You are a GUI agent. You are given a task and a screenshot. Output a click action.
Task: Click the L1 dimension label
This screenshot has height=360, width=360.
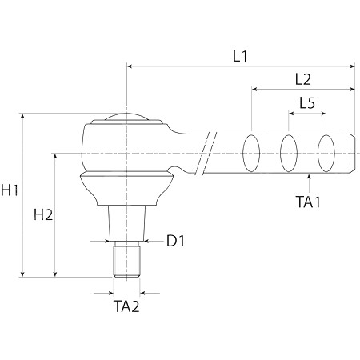pos(240,56)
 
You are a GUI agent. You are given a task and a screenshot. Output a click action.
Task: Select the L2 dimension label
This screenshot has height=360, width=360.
pos(303,79)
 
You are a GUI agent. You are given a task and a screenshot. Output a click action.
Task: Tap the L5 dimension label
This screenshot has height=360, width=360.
pos(307,102)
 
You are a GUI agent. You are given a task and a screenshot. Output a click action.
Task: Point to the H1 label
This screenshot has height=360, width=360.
pos(10,190)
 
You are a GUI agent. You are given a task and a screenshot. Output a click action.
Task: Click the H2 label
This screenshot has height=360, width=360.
pos(43,214)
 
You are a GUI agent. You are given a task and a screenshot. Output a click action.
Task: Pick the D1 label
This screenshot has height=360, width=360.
pos(175,241)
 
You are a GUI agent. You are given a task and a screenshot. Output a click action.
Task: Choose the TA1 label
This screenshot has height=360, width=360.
pos(308,202)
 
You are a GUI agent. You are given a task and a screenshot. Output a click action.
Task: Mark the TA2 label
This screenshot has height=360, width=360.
pos(126,306)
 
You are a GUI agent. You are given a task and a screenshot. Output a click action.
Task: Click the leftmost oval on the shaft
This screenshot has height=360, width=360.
pos(251,153)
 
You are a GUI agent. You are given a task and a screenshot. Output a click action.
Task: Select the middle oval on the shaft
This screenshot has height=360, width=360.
pos(289,153)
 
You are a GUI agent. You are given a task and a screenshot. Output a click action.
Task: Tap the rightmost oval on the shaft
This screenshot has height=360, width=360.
pos(326,153)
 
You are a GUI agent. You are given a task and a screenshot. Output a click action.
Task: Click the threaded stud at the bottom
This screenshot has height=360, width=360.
pos(126,259)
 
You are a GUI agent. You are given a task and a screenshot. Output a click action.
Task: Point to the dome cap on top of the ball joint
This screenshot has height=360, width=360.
pos(126,117)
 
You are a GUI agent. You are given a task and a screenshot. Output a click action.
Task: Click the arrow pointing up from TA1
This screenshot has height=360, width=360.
pos(309,183)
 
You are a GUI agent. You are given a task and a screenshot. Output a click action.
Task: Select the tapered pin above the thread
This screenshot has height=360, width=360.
pos(126,223)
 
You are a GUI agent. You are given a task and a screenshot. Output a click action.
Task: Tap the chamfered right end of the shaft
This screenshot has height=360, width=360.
pos(352,154)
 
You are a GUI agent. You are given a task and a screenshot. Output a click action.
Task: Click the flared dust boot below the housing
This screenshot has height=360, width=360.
pos(126,188)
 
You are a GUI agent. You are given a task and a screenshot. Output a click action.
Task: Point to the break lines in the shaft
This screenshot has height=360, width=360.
pos(206,154)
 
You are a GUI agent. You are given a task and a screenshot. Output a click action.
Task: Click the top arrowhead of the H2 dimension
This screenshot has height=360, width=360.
pos(55,156)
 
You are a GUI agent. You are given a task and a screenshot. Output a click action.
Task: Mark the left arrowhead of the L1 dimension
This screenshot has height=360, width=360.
pos(130,66)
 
